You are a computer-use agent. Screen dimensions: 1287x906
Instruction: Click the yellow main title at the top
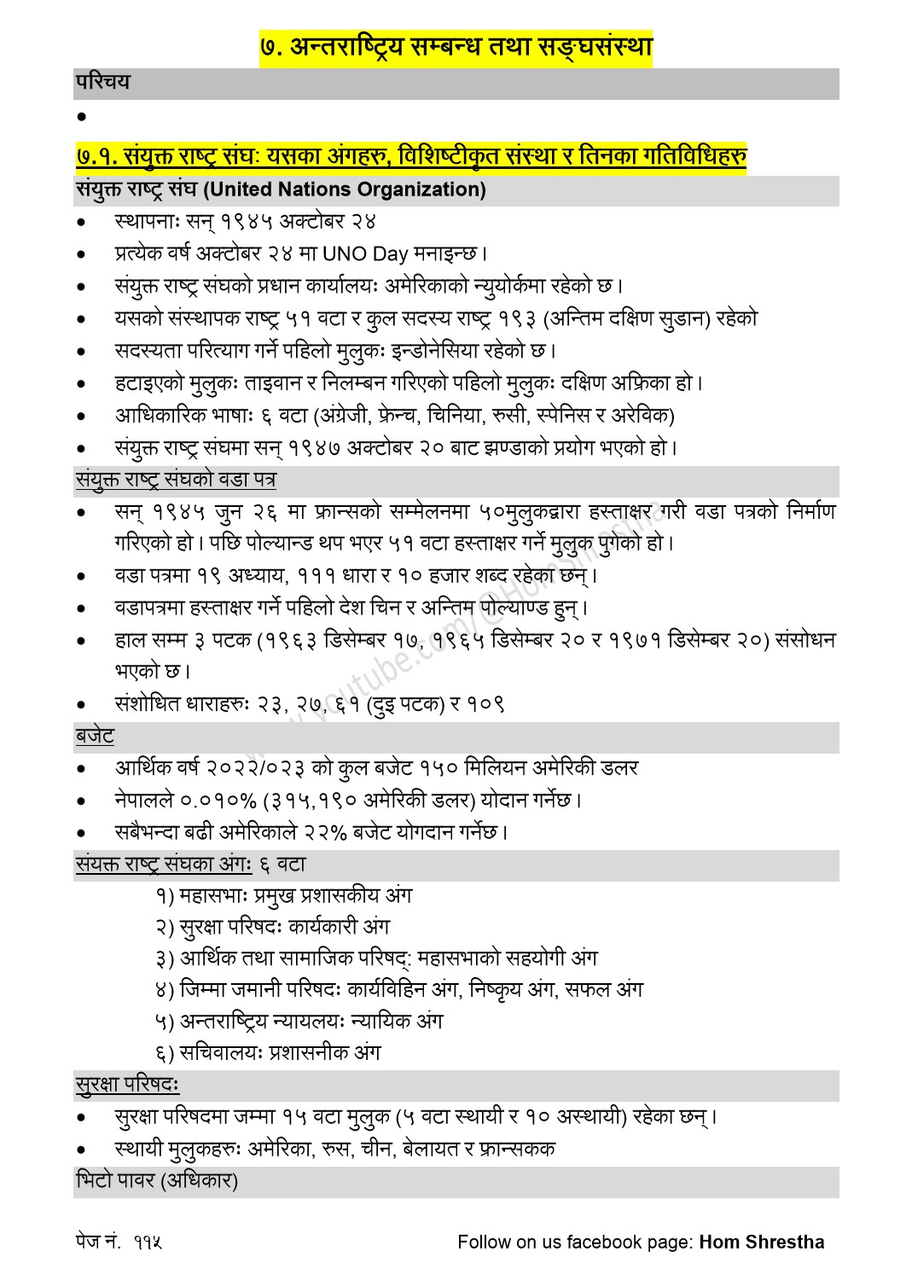pos(456,46)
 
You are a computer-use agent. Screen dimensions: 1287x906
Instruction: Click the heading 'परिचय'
pos(102,83)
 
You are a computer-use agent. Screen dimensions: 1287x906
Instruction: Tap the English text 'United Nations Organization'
pos(345,189)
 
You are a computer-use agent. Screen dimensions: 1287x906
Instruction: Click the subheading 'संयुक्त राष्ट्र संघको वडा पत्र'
pos(175,480)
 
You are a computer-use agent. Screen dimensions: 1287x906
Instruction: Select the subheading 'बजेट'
pos(95,736)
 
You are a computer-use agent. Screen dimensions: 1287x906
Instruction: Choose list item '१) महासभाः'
pos(201,896)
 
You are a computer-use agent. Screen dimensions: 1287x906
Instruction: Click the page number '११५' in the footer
pos(148,1243)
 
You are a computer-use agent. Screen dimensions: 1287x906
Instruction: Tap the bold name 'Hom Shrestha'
pos(762,1243)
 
